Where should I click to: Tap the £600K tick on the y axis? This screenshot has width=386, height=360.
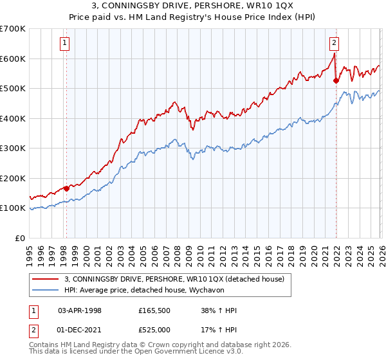13,59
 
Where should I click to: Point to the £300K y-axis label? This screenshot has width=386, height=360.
13,148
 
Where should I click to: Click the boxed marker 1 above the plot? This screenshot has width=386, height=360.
66,44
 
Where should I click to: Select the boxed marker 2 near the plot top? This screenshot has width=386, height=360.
335,44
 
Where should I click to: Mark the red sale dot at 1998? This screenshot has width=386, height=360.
66,188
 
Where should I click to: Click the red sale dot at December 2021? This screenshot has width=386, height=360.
336,81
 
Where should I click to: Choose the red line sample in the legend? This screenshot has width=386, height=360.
45,279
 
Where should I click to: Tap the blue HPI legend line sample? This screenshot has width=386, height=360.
45,290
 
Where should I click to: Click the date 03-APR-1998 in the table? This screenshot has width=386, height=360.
80,310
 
